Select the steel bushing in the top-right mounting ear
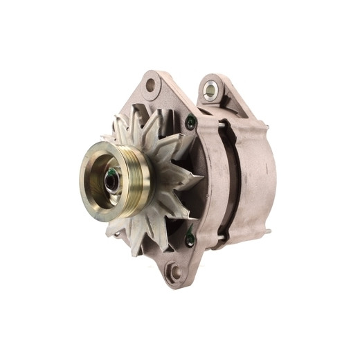click(210, 89)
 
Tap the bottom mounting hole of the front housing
click(174, 272)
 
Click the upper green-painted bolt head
click(191, 124)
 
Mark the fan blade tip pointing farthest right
click(200, 181)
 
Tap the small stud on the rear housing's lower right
click(267, 232)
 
